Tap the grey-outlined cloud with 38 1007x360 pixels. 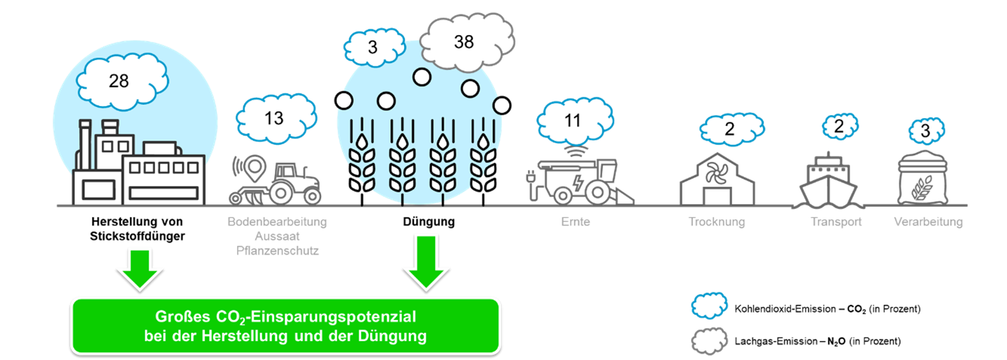(463, 43)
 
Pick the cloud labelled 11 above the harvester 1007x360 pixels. (573, 121)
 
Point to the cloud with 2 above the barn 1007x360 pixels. (729, 129)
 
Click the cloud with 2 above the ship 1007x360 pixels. (839, 127)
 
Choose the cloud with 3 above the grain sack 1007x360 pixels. (925, 131)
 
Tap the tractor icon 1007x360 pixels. (294, 183)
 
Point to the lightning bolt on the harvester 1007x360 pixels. (580, 183)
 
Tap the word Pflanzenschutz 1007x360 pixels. (277, 250)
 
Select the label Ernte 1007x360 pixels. (576, 223)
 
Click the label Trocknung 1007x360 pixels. (717, 223)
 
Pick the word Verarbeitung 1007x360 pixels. (928, 223)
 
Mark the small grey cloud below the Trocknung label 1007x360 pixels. (710, 340)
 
